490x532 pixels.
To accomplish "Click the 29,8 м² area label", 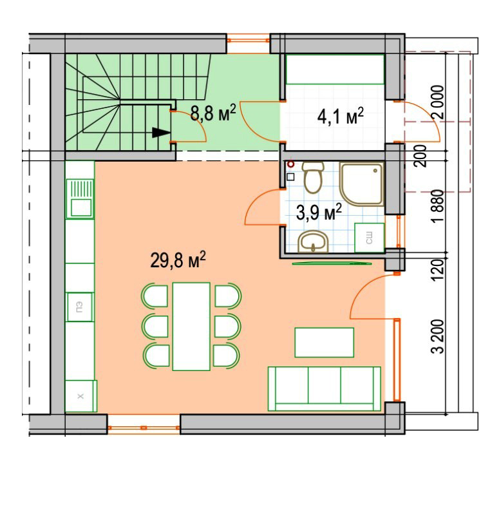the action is point(178,260).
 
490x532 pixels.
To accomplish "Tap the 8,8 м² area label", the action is point(213,113).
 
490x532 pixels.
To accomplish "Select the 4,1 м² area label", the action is point(340,117).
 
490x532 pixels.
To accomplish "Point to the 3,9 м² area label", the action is point(319,212).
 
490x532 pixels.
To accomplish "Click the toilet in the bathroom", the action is point(313,177).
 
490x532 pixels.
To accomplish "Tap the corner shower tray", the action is point(362,184).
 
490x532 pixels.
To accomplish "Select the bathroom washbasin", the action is point(313,242).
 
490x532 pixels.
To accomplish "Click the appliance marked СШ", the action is point(370,238).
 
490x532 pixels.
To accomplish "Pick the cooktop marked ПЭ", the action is point(80,307).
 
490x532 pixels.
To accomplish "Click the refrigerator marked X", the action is point(80,396).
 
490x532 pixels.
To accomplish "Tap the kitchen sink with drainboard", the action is point(80,198).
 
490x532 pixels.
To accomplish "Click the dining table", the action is point(191,327).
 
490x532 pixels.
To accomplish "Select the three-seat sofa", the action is point(325,389).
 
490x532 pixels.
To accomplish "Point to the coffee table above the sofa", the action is point(324,343).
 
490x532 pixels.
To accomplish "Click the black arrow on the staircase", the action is point(161,132).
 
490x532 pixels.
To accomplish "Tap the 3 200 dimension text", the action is point(437,336).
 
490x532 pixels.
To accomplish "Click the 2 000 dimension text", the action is point(437,102).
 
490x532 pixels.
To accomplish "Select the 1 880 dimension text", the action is point(437,206).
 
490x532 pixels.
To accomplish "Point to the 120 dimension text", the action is point(437,270).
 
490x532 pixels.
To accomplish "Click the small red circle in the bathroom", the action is point(290,164).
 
